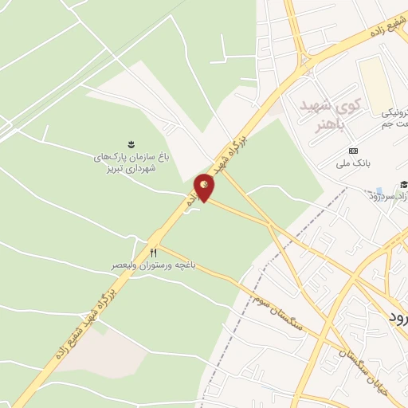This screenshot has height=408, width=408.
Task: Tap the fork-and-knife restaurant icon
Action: [x=165, y=252]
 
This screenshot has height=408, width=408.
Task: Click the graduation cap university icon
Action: [x=404, y=184]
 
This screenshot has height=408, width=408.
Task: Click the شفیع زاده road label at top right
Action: [x=382, y=28]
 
